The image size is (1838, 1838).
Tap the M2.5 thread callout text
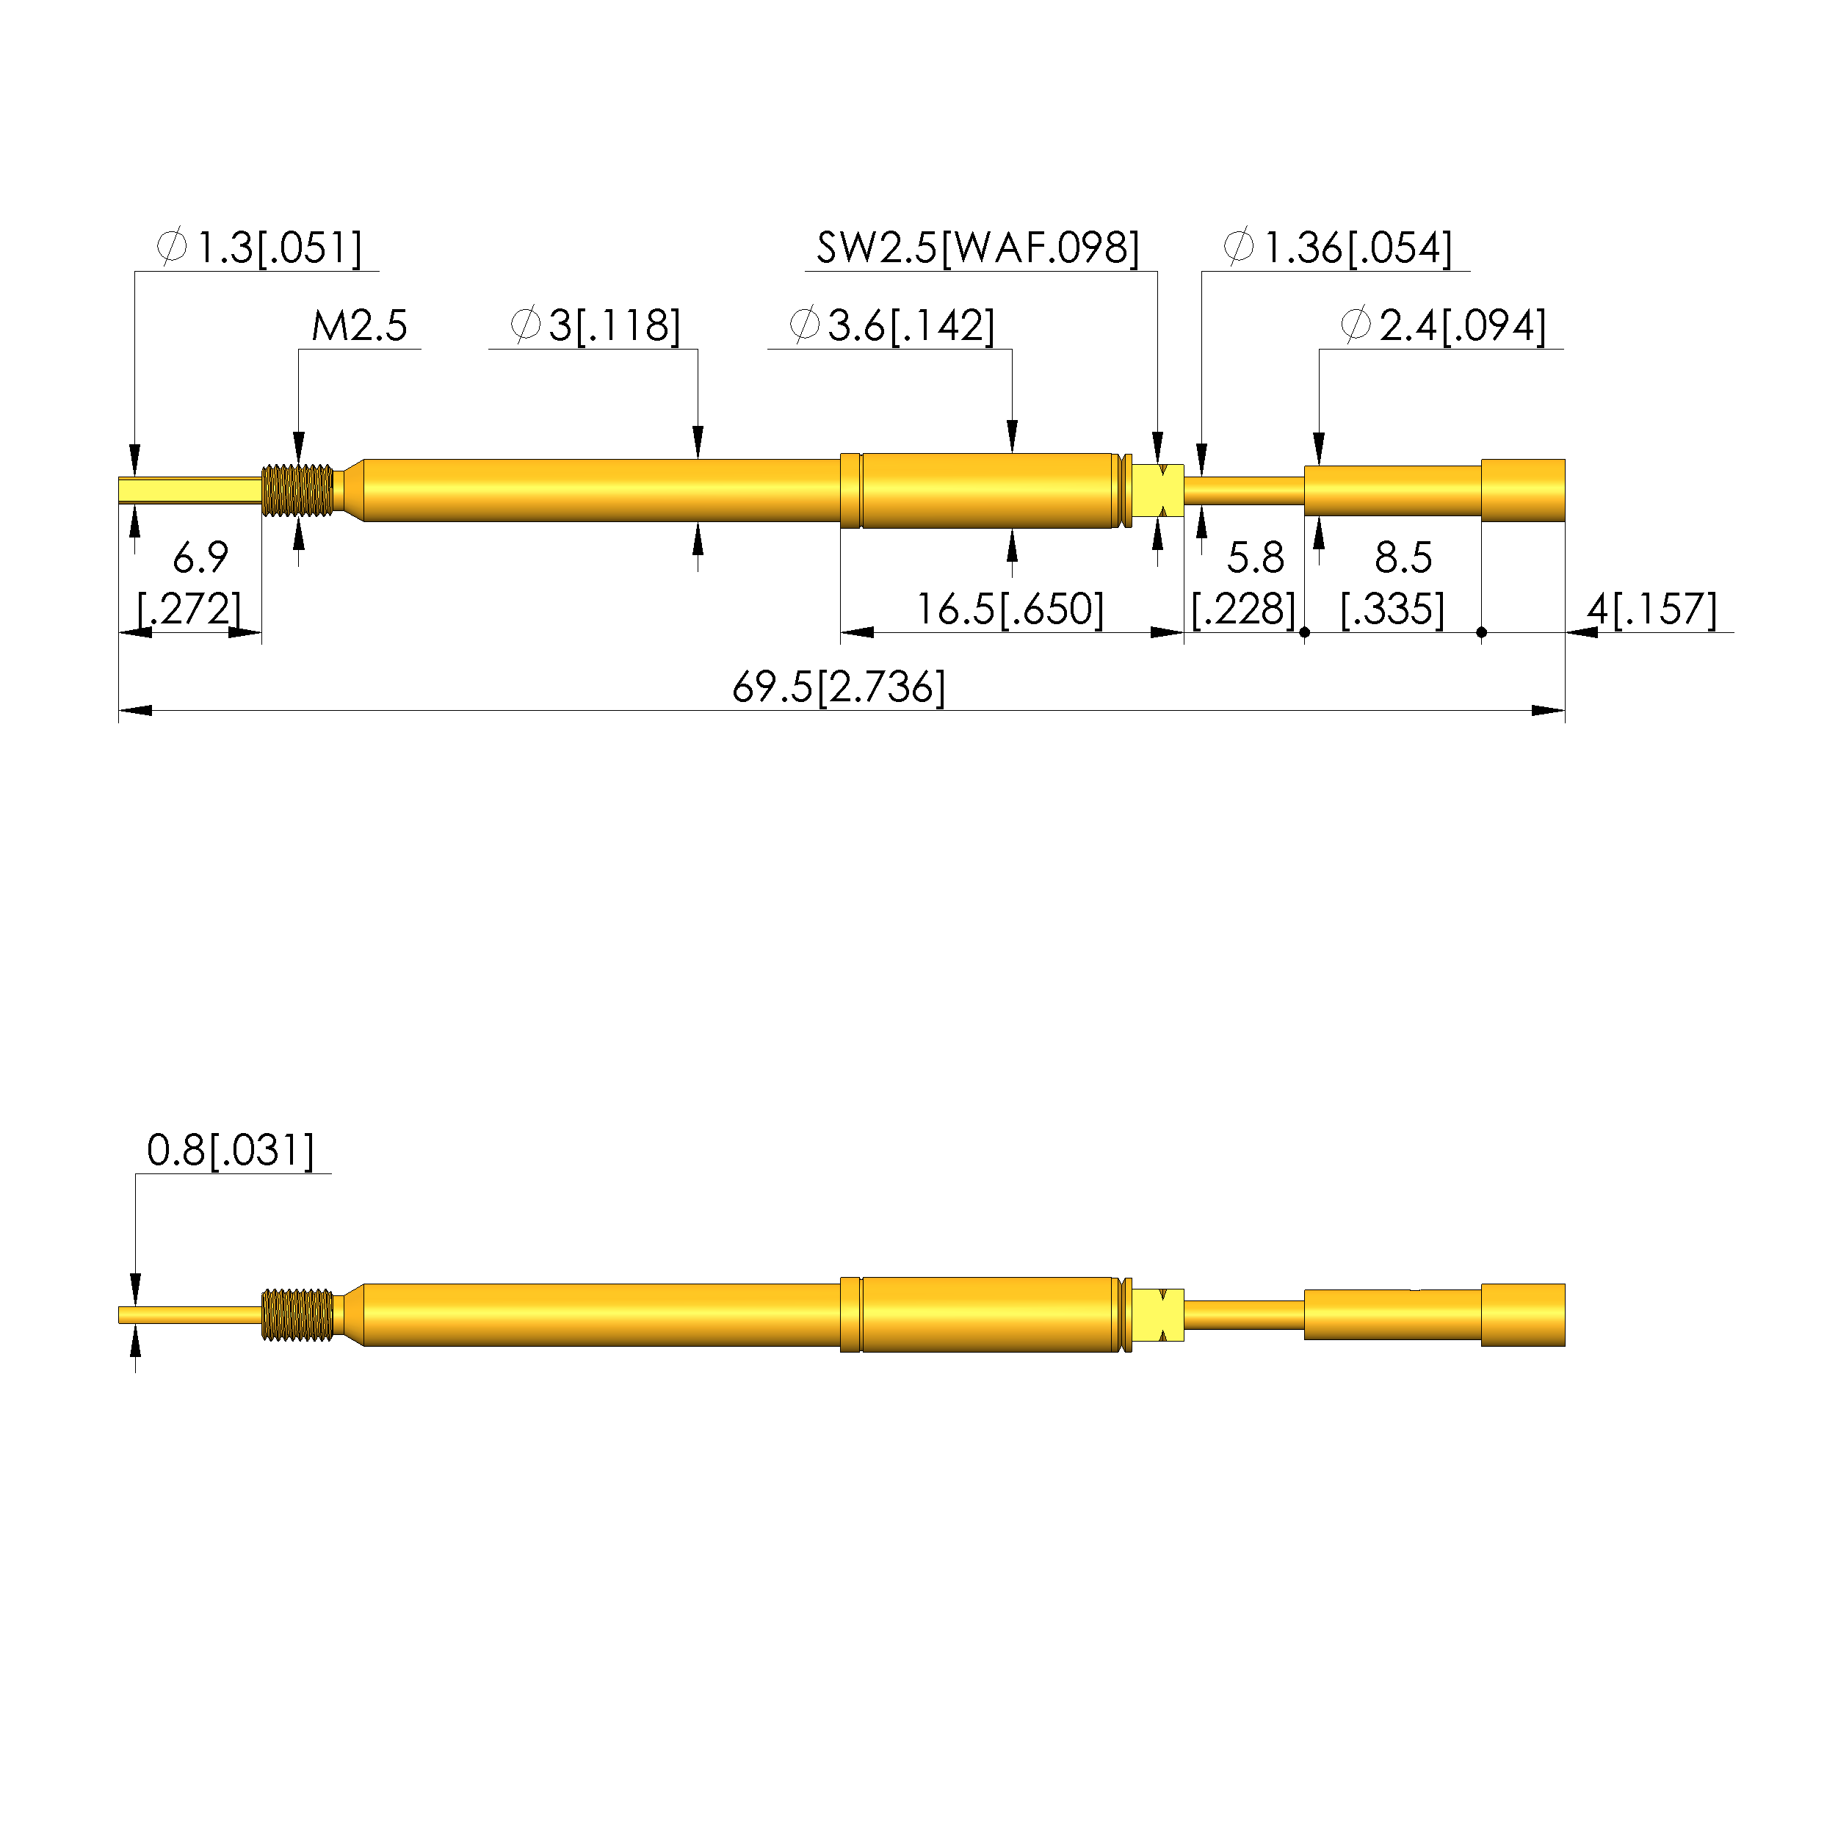click(x=360, y=326)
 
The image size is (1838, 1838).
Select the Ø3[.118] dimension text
click(x=596, y=326)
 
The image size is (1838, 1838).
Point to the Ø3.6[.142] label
click(x=892, y=326)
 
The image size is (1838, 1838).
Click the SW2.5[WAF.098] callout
click(x=978, y=248)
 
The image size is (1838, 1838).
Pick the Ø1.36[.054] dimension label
click(x=1338, y=248)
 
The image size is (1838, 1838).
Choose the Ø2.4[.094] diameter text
click(x=1443, y=326)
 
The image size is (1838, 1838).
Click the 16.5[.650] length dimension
click(x=1010, y=609)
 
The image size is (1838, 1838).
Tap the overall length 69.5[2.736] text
click(x=839, y=688)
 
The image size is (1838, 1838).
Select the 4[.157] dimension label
click(x=1651, y=609)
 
